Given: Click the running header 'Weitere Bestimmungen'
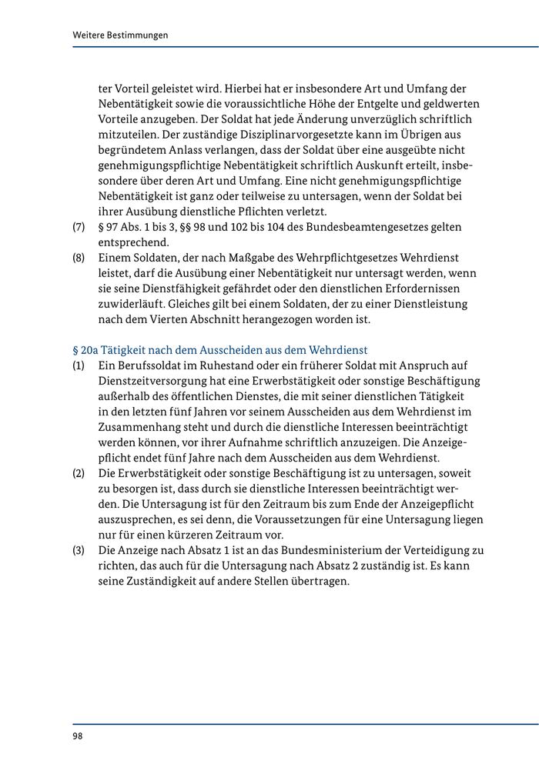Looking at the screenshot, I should point(120,35).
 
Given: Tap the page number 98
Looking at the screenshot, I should point(79,736).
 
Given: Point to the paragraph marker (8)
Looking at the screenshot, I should point(79,258).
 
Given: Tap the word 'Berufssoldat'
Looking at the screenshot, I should point(148,365).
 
